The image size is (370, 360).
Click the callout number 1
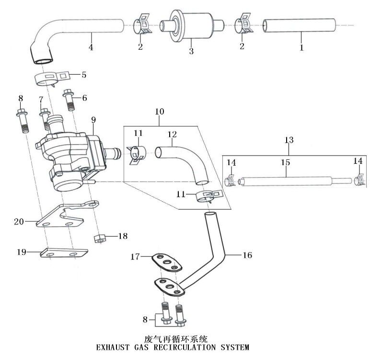tap(302, 48)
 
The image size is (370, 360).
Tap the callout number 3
tap(191, 50)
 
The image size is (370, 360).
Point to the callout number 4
tap(91, 48)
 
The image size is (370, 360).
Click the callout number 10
tap(159, 112)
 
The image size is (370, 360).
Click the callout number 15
tap(285, 163)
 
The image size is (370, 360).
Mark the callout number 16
tap(247, 255)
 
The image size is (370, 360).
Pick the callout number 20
tap(19, 222)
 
